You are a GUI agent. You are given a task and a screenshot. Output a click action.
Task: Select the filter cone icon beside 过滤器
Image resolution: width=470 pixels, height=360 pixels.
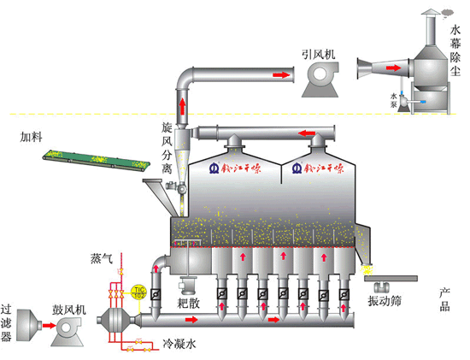(29, 328)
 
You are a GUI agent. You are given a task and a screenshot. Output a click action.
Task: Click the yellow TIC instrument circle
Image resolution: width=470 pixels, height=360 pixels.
(138, 292)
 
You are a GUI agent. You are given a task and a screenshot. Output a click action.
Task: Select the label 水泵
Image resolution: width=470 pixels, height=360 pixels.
(394, 97)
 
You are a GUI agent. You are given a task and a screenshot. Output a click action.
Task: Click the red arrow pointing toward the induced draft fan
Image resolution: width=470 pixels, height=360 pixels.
(279, 75)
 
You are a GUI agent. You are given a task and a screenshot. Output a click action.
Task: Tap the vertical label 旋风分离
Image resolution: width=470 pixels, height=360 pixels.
(167, 146)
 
